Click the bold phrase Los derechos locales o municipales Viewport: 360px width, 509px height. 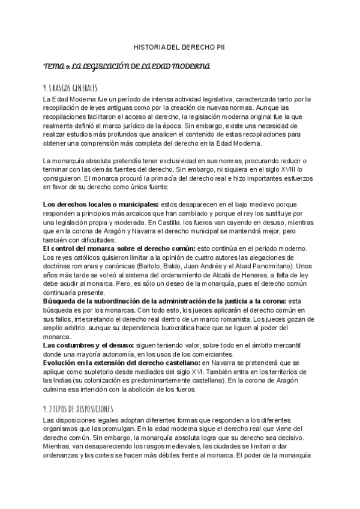100,205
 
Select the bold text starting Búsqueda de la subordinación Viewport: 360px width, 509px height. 163,300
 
